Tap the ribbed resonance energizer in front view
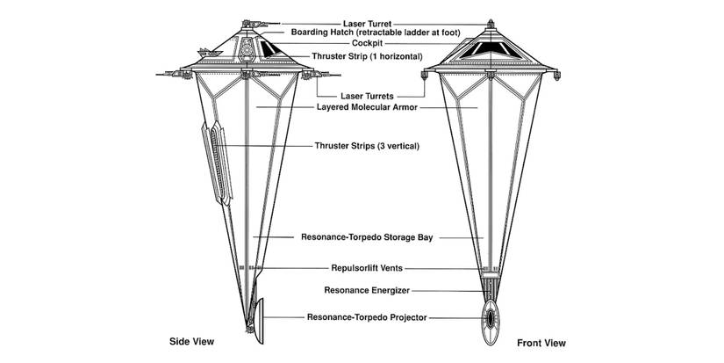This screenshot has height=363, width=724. (488, 286)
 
